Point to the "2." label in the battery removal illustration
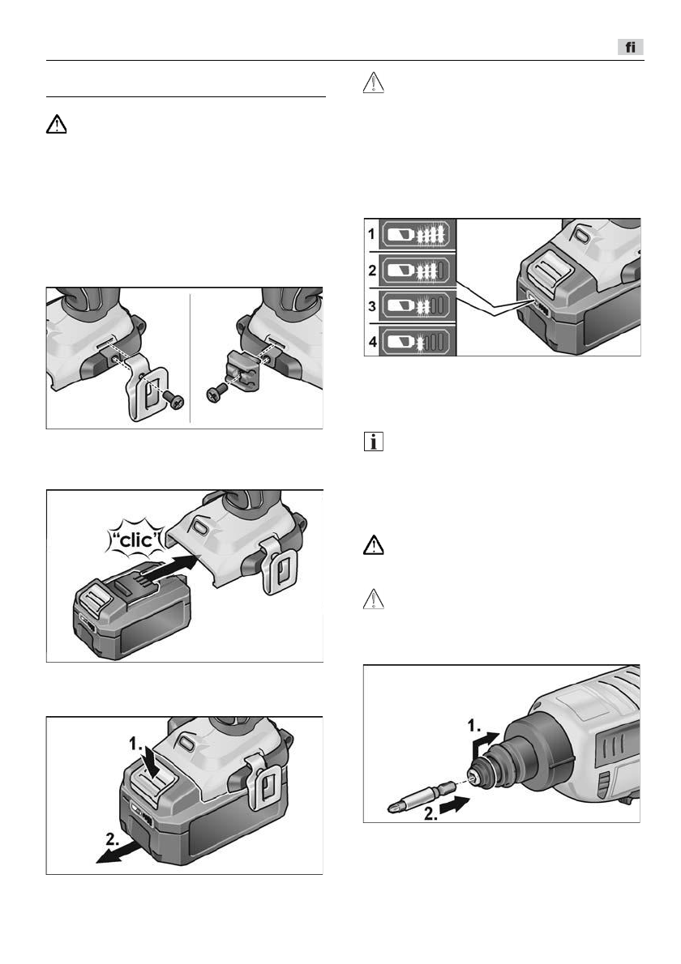click(x=113, y=832)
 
